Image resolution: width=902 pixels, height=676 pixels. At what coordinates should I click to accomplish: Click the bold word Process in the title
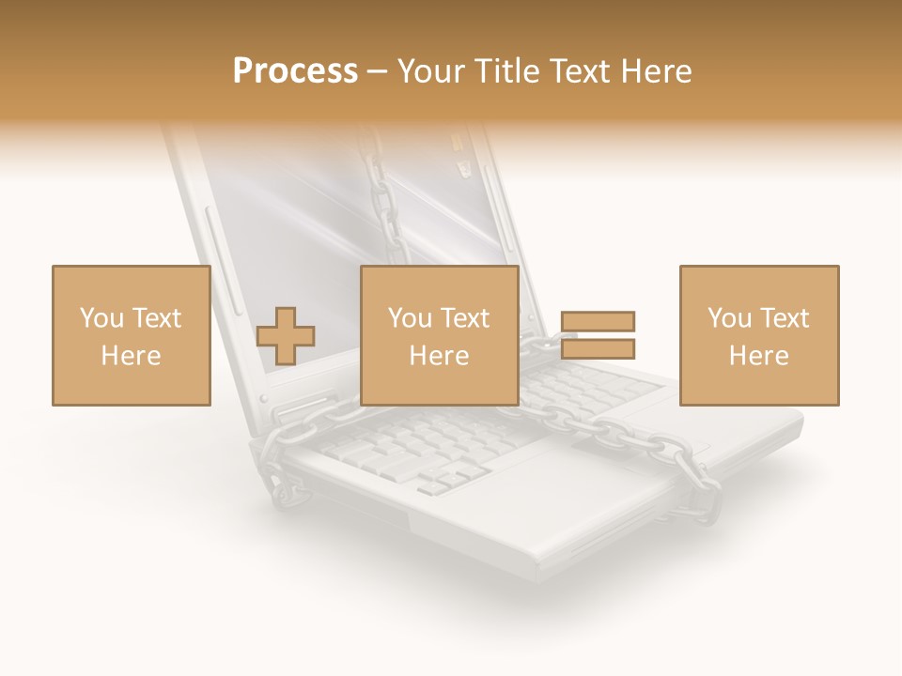point(295,71)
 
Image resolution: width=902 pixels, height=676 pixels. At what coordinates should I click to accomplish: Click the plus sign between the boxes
point(286,335)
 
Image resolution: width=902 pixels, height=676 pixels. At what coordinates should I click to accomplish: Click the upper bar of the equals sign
point(599,322)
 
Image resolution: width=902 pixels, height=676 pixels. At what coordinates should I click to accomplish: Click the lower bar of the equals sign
point(599,349)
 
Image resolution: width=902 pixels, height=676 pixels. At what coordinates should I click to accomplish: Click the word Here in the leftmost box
point(131,356)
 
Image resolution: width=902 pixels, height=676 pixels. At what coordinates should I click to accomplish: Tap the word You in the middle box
point(410,318)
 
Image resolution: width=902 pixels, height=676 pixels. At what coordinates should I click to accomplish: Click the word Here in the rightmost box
point(759,356)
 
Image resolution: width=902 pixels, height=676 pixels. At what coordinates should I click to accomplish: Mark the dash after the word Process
point(378,71)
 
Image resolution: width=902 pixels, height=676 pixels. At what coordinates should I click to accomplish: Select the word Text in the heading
point(579,71)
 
